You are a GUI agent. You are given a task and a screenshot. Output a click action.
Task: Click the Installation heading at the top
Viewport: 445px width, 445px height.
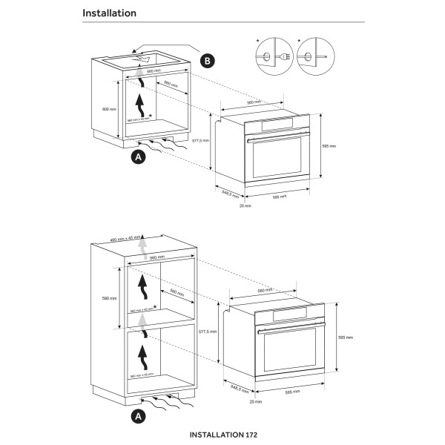[109, 13]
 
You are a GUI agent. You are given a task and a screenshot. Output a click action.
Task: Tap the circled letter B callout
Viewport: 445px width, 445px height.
[209, 60]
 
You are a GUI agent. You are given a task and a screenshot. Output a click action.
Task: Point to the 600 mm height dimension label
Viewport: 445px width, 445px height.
[110, 110]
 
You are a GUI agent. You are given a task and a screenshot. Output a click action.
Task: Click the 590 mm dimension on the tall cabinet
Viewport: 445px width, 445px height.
[110, 299]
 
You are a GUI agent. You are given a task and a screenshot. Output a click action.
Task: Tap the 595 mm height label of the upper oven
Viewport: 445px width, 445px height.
[329, 147]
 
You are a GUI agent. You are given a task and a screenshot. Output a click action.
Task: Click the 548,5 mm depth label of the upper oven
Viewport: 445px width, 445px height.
[231, 194]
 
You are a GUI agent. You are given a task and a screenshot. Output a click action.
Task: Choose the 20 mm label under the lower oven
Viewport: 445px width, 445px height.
[256, 401]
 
